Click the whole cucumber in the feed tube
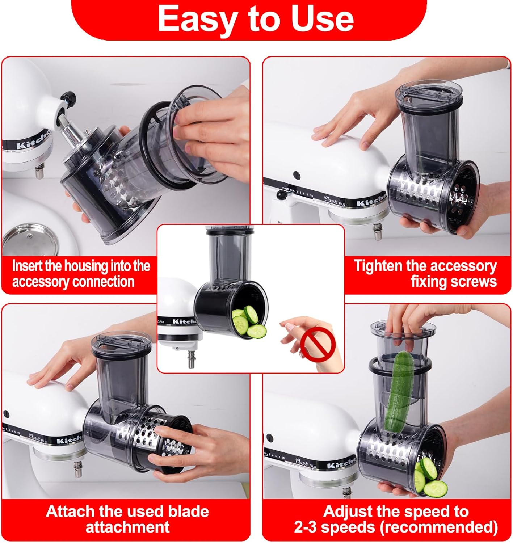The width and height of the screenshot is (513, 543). point(398,391)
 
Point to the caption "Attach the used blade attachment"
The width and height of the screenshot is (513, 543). point(127,519)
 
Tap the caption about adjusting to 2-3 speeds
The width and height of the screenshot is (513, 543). point(396,519)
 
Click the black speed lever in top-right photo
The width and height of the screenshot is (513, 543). point(281,194)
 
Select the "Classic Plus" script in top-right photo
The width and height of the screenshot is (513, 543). point(334,200)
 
